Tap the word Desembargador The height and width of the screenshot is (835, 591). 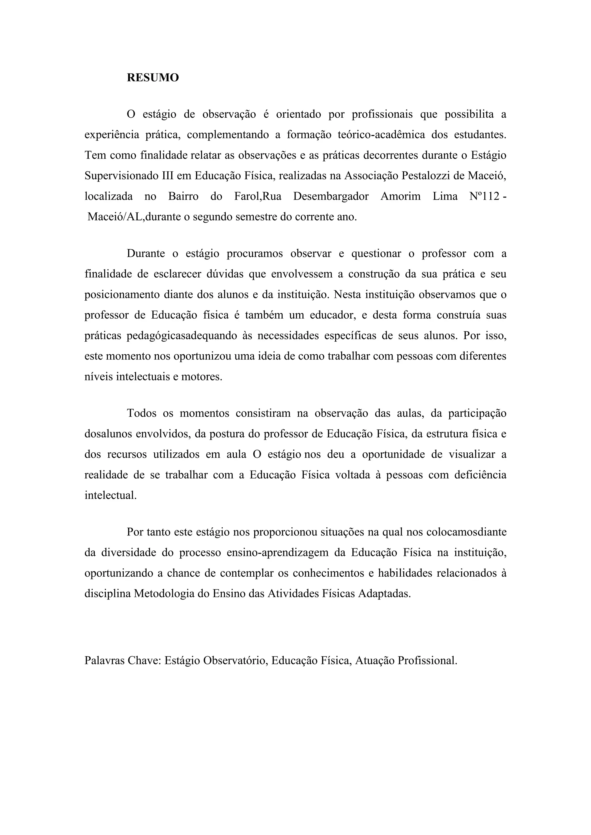[331, 197]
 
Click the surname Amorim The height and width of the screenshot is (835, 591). [400, 197]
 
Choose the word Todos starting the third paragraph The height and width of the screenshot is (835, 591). [142, 413]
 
